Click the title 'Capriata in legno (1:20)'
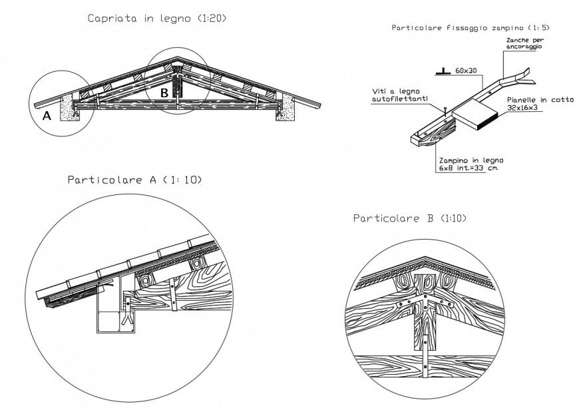click(x=157, y=19)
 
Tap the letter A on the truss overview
click(x=47, y=115)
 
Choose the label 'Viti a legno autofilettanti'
click(x=397, y=97)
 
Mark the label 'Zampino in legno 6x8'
click(x=471, y=164)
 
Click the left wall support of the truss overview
click(x=69, y=108)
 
